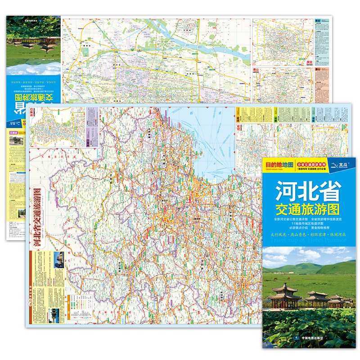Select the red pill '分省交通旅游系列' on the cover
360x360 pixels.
pos(312,165)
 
